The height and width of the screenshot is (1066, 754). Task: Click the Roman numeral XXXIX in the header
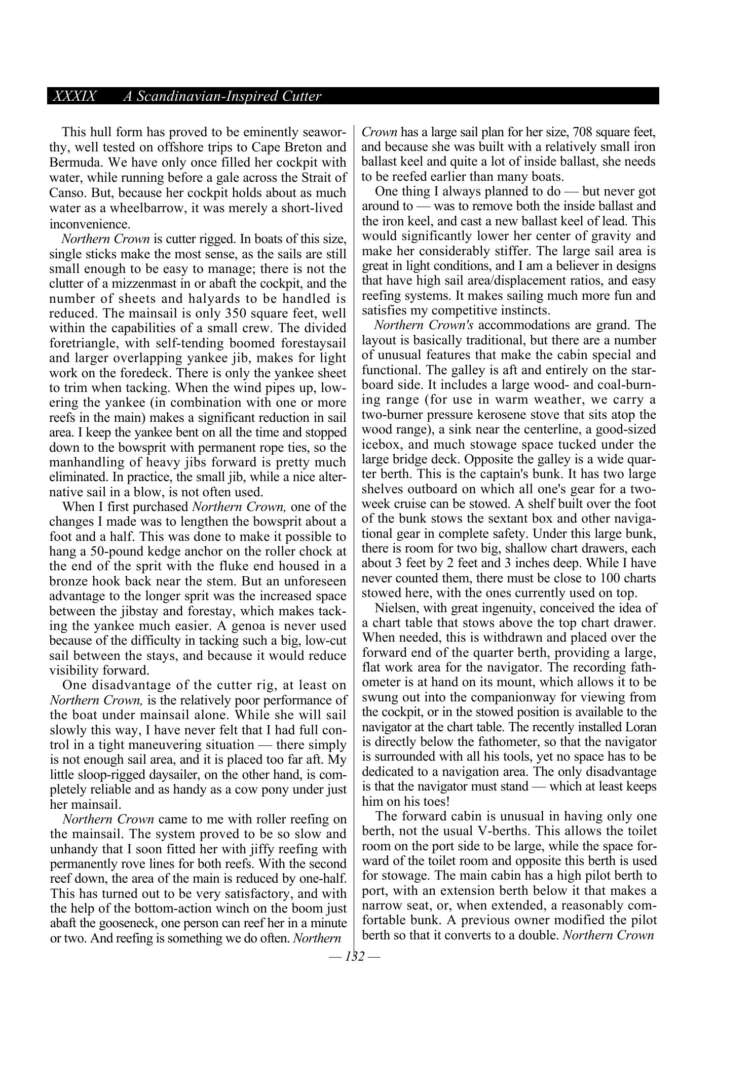[x=74, y=96]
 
